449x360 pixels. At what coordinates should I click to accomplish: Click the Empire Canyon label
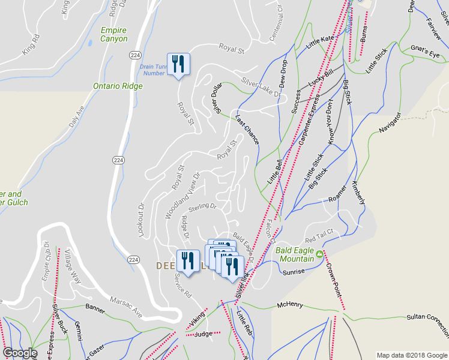tap(114, 34)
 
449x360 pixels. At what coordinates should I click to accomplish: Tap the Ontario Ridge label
tap(118, 86)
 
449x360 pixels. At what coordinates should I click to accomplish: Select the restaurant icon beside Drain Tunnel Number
tap(178, 64)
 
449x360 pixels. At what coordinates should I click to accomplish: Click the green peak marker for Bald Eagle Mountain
tap(320, 254)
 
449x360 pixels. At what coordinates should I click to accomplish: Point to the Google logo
tap(19, 353)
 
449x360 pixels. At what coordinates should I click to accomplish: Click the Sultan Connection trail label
tap(427, 324)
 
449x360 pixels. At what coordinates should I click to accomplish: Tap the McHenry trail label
tap(292, 305)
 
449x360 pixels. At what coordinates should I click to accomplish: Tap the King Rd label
tap(31, 46)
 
